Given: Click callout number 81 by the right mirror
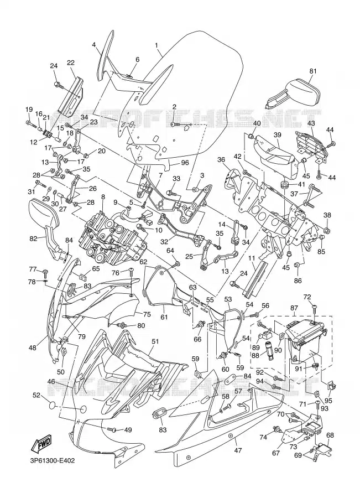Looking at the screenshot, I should [313, 71].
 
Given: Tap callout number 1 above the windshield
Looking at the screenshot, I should [156, 45].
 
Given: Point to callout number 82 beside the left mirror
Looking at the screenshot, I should [34, 238].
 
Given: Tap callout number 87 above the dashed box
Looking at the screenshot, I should [294, 308].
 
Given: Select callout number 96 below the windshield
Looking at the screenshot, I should [185, 163].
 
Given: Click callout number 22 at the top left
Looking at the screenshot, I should [71, 63].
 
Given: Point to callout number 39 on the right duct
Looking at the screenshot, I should [277, 134].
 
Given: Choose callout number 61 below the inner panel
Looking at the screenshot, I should [164, 317].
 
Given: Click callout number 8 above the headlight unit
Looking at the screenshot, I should [102, 196].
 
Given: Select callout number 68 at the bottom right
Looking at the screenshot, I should [330, 435].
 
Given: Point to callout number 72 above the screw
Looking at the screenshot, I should [307, 297].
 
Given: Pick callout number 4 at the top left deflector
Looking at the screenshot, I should [94, 45].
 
